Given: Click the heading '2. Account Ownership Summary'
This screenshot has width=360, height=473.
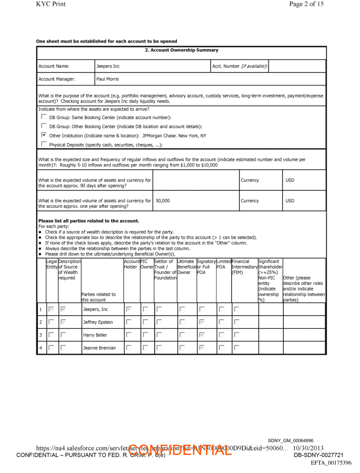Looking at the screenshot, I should (x=182, y=50).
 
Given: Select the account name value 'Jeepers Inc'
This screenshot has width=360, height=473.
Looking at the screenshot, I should (x=108, y=67).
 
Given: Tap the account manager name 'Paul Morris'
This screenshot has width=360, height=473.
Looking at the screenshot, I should (x=107, y=79).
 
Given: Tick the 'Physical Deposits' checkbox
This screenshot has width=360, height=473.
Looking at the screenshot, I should (x=43, y=144).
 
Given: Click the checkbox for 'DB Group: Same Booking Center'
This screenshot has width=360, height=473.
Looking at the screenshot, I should (x=43, y=117).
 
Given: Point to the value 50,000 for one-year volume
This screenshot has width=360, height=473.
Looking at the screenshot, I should (x=162, y=201).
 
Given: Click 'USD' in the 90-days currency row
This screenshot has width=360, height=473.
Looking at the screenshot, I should (x=290, y=180).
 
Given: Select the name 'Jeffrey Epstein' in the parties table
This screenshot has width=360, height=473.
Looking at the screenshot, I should (x=98, y=322).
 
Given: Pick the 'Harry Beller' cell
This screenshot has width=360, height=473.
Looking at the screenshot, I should (x=95, y=335).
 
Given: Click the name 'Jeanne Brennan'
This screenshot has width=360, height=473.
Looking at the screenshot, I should (x=99, y=348).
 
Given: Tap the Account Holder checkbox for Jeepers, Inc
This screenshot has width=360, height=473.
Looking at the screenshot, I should (x=128, y=309).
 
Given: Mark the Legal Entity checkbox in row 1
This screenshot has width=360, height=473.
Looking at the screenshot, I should (x=52, y=309).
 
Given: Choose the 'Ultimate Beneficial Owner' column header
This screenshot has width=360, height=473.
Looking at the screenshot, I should (x=185, y=267).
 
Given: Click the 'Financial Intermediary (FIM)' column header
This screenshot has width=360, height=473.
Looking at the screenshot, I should (x=244, y=267).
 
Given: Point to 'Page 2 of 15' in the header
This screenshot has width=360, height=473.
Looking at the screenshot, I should (x=306, y=4).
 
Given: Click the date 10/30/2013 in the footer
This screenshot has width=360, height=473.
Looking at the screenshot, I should (x=308, y=448).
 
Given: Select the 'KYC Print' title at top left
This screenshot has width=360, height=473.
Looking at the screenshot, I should (x=51, y=4).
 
